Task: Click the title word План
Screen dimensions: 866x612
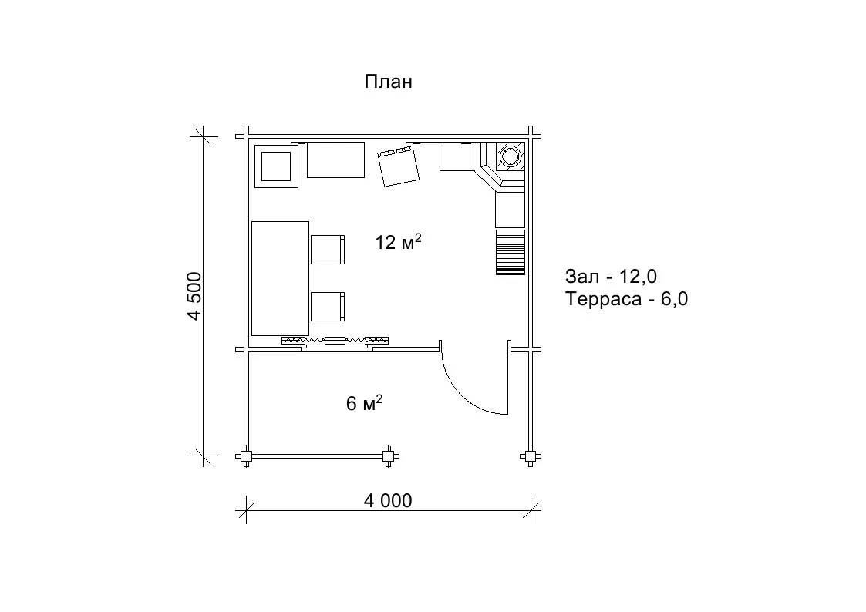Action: pos(388,82)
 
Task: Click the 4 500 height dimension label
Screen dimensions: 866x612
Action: pos(195,296)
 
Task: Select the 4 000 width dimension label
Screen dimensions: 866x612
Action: pos(388,500)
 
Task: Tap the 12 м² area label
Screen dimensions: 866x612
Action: pos(398,242)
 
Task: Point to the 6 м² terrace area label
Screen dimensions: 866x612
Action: pos(364,403)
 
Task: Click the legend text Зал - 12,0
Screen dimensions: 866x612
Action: pos(611,276)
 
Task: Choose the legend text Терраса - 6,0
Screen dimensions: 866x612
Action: pos(626,298)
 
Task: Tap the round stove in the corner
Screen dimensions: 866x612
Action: pos(509,156)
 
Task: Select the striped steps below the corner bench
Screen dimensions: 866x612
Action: pos(510,252)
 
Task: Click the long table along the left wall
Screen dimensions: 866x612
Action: pos(280,279)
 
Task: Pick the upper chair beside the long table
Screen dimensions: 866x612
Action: pos(328,250)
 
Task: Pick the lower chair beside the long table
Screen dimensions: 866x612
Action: pos(328,307)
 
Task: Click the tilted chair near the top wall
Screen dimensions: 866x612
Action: pos(398,167)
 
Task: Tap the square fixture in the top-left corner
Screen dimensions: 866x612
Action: pos(276,166)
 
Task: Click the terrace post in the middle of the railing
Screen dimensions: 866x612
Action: pos(389,456)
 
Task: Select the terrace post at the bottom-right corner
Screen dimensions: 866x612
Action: pos(531,456)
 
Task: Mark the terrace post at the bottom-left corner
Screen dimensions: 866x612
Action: pos(246,456)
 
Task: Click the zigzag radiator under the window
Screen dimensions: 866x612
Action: pos(335,340)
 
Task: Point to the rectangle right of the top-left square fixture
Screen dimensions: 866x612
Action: pos(335,160)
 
